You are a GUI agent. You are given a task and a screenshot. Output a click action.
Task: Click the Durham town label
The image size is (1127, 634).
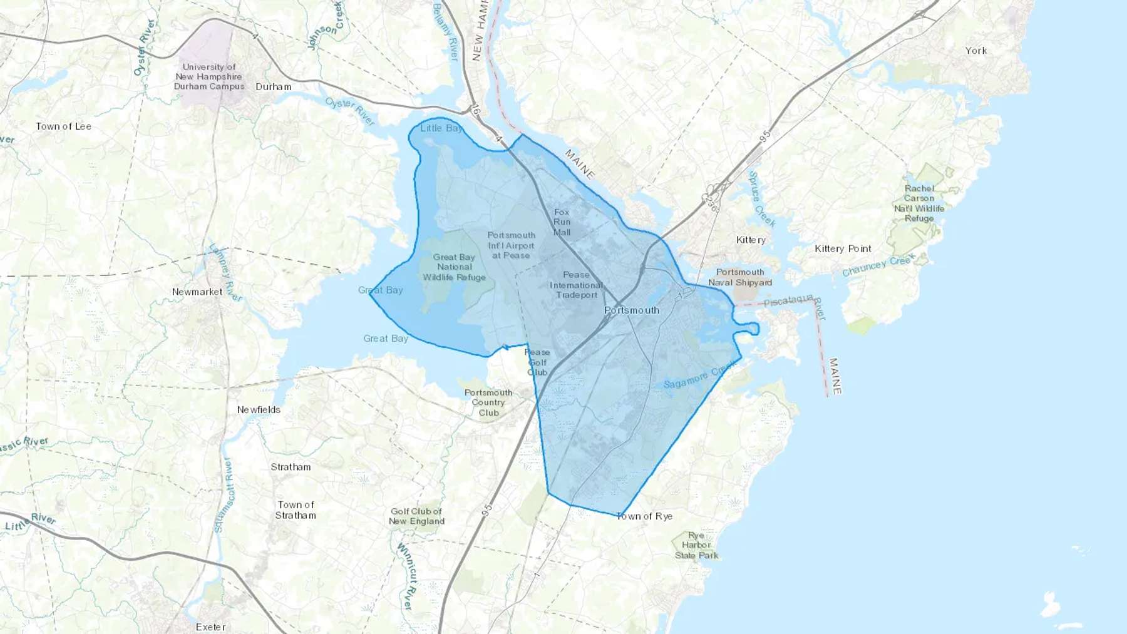(x=274, y=87)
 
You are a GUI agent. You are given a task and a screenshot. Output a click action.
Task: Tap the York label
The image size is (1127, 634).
(x=975, y=51)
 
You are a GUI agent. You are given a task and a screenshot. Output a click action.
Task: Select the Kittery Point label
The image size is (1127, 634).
(x=843, y=248)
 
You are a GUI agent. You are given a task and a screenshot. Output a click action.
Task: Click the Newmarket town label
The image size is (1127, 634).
(x=197, y=292)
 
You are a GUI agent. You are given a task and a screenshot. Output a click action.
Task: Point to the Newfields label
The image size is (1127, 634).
(x=259, y=410)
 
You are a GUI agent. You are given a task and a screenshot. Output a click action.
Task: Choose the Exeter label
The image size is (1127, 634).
(x=210, y=626)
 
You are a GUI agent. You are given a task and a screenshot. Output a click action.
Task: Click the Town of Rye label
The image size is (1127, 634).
(x=644, y=516)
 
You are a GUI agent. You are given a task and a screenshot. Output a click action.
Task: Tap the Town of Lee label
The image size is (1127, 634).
(x=63, y=126)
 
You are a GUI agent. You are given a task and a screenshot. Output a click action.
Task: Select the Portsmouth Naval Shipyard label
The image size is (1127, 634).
(x=740, y=277)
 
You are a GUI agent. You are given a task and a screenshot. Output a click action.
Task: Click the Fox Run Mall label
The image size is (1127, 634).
(x=562, y=222)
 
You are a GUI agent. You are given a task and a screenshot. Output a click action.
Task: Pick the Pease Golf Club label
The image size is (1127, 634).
(x=537, y=362)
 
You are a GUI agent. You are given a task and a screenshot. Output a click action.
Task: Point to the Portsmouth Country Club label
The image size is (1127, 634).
(x=488, y=402)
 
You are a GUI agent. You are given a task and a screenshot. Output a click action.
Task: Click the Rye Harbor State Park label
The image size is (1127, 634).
(x=696, y=545)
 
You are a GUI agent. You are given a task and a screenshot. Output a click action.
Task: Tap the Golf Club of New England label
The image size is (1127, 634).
(x=416, y=516)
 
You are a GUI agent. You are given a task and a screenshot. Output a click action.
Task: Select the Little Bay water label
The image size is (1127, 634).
(x=441, y=128)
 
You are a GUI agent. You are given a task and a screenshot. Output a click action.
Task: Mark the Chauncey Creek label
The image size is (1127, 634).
(x=878, y=265)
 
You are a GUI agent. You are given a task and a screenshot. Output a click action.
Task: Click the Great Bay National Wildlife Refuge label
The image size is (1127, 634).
(x=454, y=267)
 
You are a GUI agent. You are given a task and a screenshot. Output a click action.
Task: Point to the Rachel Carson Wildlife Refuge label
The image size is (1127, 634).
(x=919, y=203)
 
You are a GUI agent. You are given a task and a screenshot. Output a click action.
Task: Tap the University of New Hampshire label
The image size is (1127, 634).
(x=209, y=76)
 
